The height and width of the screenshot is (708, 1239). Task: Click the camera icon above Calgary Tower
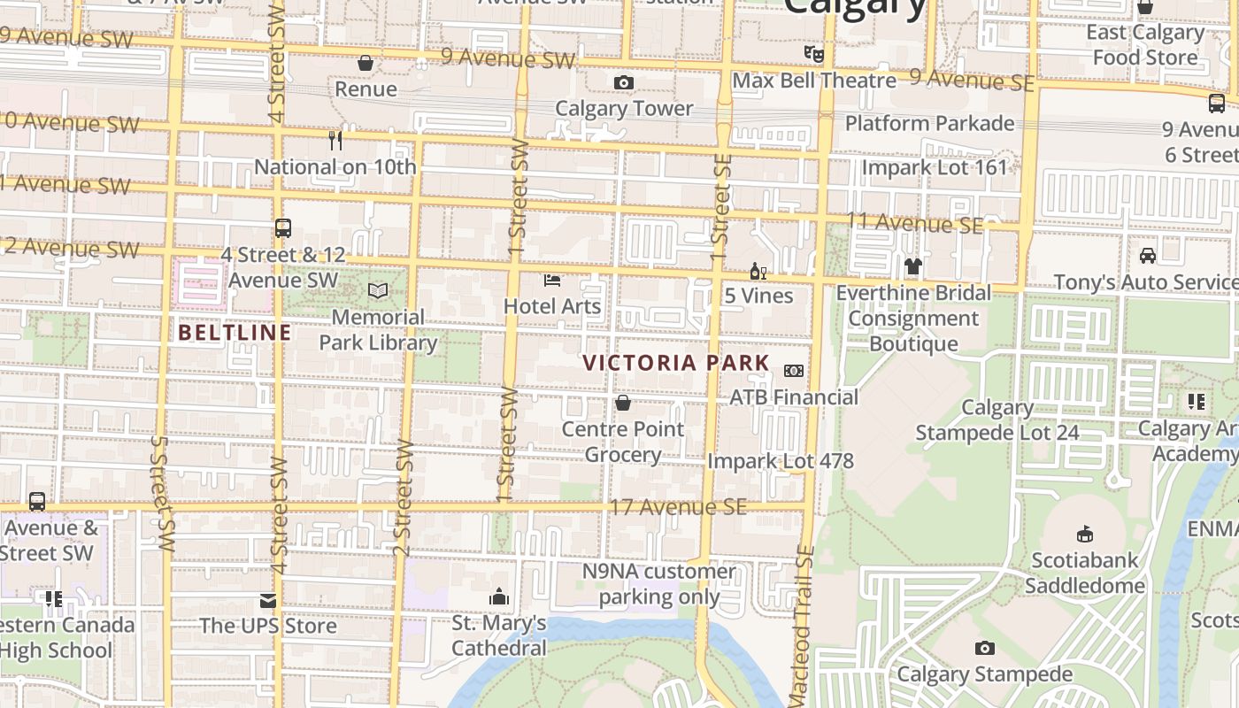coord(624,83)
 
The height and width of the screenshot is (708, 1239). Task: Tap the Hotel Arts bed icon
coord(552,281)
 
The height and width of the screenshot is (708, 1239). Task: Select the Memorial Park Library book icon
coord(378,291)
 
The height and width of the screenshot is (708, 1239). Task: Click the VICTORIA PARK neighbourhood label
coord(676,363)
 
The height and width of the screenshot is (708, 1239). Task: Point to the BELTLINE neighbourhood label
coord(235,333)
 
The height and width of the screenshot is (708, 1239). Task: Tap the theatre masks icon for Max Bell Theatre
coord(814,55)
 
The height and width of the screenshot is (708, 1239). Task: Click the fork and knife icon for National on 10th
coord(335,141)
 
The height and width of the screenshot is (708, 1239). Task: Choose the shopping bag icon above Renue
coord(366,63)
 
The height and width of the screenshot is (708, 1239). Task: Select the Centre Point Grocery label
coord(623,442)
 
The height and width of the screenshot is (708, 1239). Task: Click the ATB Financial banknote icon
coord(794,371)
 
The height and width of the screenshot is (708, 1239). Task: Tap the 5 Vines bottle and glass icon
coord(758,271)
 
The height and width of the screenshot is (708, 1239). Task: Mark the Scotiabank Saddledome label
coord(1085,573)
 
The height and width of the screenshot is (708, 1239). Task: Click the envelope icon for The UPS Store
coord(268,602)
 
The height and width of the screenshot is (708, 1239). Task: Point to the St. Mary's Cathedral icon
coord(499,597)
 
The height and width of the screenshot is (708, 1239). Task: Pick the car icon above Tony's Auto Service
coord(1148,256)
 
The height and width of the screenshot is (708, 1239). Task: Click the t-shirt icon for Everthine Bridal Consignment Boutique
coord(913,266)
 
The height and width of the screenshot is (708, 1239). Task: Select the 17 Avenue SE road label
coord(678,507)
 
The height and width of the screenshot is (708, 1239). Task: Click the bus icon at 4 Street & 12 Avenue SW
coord(283,228)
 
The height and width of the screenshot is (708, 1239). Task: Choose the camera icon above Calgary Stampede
coord(984,649)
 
